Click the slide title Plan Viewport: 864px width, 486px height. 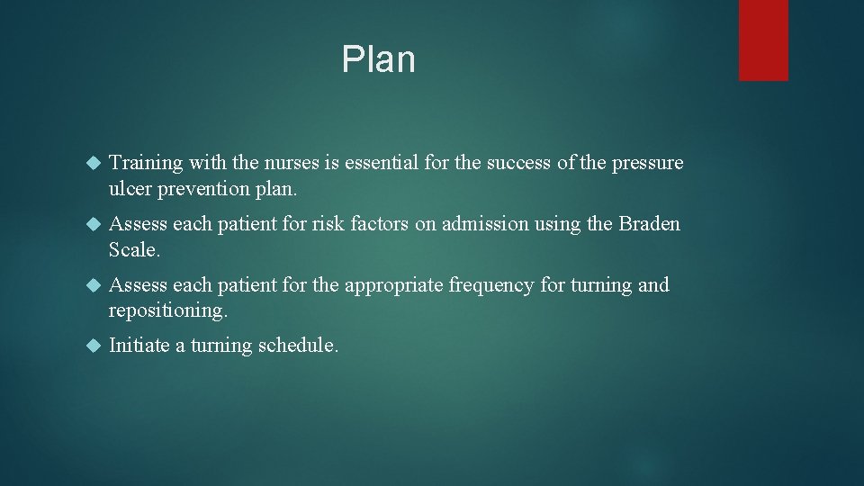coord(378,59)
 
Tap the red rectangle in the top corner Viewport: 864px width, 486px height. coord(763,40)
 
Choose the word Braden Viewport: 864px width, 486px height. coord(650,224)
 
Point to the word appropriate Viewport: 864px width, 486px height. coord(393,285)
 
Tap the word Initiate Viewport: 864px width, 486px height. coord(139,346)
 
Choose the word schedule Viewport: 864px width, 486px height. coord(297,346)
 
